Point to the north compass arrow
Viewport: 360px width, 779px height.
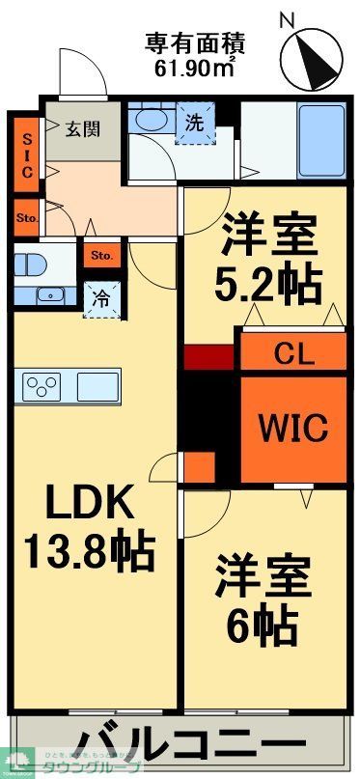[312, 56]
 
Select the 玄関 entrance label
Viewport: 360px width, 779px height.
[83, 128]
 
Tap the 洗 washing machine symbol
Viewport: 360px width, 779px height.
[195, 124]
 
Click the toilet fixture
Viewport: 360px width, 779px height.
[31, 263]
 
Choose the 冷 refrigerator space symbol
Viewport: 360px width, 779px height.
[101, 299]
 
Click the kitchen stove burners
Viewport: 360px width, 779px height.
[42, 386]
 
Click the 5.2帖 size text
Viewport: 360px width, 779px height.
[266, 283]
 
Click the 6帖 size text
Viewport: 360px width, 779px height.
[263, 627]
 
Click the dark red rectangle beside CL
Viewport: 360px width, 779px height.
[208, 356]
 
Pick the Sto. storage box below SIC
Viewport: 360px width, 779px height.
[26, 218]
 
